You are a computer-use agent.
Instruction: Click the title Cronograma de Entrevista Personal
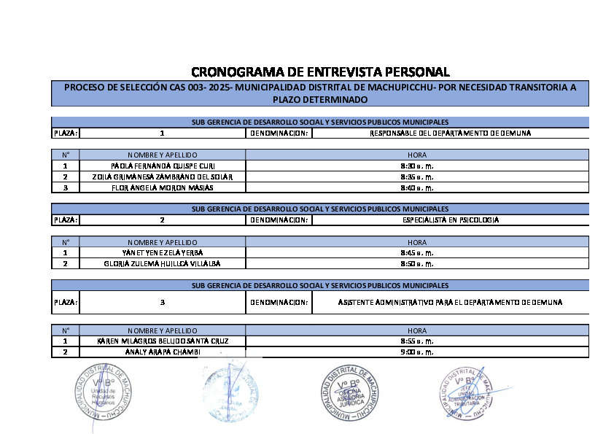point(320,71)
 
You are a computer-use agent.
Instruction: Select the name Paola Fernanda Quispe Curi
point(163,166)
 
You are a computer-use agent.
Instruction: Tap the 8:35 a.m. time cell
point(417,177)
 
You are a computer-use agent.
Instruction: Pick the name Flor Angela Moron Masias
point(163,188)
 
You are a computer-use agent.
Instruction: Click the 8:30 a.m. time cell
point(417,166)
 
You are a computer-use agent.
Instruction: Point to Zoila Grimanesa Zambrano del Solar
point(163,177)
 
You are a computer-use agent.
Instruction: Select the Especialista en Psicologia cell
point(450,220)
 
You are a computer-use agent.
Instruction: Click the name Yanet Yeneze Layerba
point(163,252)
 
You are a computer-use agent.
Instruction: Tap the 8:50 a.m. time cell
point(417,263)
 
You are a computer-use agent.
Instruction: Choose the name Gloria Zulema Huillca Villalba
point(163,263)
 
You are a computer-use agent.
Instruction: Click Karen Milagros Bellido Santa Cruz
point(163,341)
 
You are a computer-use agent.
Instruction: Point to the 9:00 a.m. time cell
point(417,352)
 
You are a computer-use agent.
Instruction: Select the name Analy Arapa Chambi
point(163,352)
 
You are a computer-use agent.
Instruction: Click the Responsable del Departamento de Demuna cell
point(450,133)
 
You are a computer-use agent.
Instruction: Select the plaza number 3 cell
point(163,302)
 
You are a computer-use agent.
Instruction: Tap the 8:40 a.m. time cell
point(417,188)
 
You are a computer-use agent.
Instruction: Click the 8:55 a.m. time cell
point(417,341)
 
